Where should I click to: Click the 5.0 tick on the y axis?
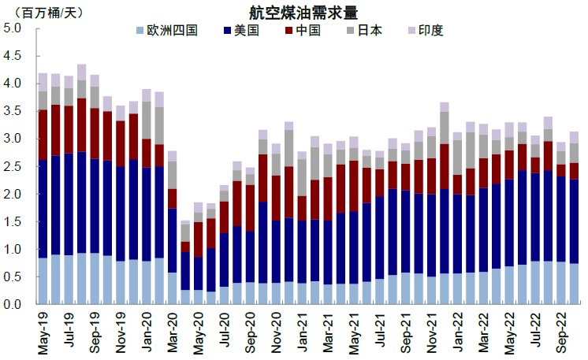click(13, 28)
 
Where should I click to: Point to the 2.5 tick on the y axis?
click(13, 166)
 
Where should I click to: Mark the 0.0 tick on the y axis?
click(13, 305)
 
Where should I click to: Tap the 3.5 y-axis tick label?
click(13, 111)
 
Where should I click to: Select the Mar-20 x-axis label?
click(172, 332)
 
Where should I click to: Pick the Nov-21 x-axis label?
click(431, 332)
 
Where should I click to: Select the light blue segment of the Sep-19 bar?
click(94, 279)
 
